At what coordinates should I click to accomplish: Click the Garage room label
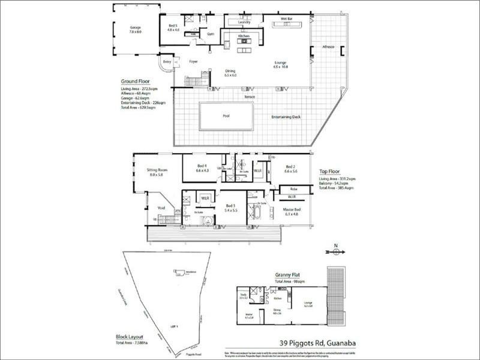(x=134, y=28)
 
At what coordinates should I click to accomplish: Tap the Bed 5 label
(x=173, y=25)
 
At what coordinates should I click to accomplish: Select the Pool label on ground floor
(x=226, y=116)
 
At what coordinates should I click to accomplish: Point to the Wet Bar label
(x=286, y=19)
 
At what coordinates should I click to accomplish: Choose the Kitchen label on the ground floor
(x=243, y=37)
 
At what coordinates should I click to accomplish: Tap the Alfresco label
(x=328, y=46)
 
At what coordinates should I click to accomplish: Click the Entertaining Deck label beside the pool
(x=286, y=116)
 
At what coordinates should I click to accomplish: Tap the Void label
(x=161, y=208)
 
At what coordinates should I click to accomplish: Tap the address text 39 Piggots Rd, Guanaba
(x=308, y=343)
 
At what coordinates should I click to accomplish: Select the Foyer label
(x=194, y=62)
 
